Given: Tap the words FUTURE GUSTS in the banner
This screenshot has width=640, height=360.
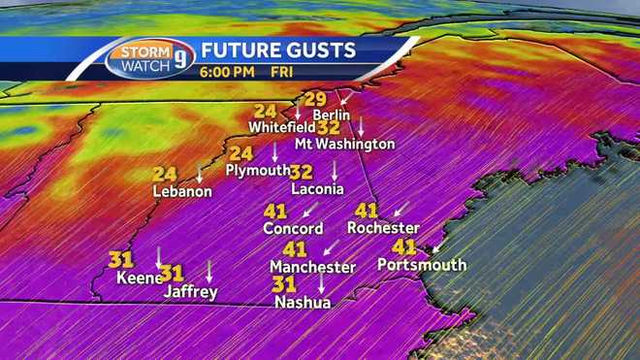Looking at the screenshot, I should (x=278, y=49).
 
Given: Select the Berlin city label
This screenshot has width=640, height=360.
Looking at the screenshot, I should (x=331, y=115).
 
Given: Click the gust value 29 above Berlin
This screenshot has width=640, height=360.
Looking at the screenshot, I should (x=316, y=99).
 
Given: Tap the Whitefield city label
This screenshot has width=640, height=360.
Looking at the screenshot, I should (x=280, y=127).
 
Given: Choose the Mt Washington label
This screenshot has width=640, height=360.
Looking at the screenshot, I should (x=344, y=144).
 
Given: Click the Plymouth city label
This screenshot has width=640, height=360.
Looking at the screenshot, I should (x=257, y=170).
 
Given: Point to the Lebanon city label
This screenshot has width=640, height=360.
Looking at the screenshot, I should (x=182, y=191).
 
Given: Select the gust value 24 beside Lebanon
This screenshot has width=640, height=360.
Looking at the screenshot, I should (x=165, y=175).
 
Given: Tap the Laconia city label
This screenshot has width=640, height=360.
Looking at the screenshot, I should (x=317, y=189).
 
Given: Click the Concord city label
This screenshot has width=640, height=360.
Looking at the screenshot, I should (x=293, y=229).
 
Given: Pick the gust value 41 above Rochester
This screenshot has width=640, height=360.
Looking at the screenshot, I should (x=366, y=211).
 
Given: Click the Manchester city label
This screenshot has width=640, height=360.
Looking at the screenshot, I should (x=312, y=267).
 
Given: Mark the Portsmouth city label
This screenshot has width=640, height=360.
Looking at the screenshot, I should (x=422, y=265).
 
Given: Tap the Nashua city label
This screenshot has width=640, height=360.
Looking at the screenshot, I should (x=303, y=303).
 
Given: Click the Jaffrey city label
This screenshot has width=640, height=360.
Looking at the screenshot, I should (x=190, y=291).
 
